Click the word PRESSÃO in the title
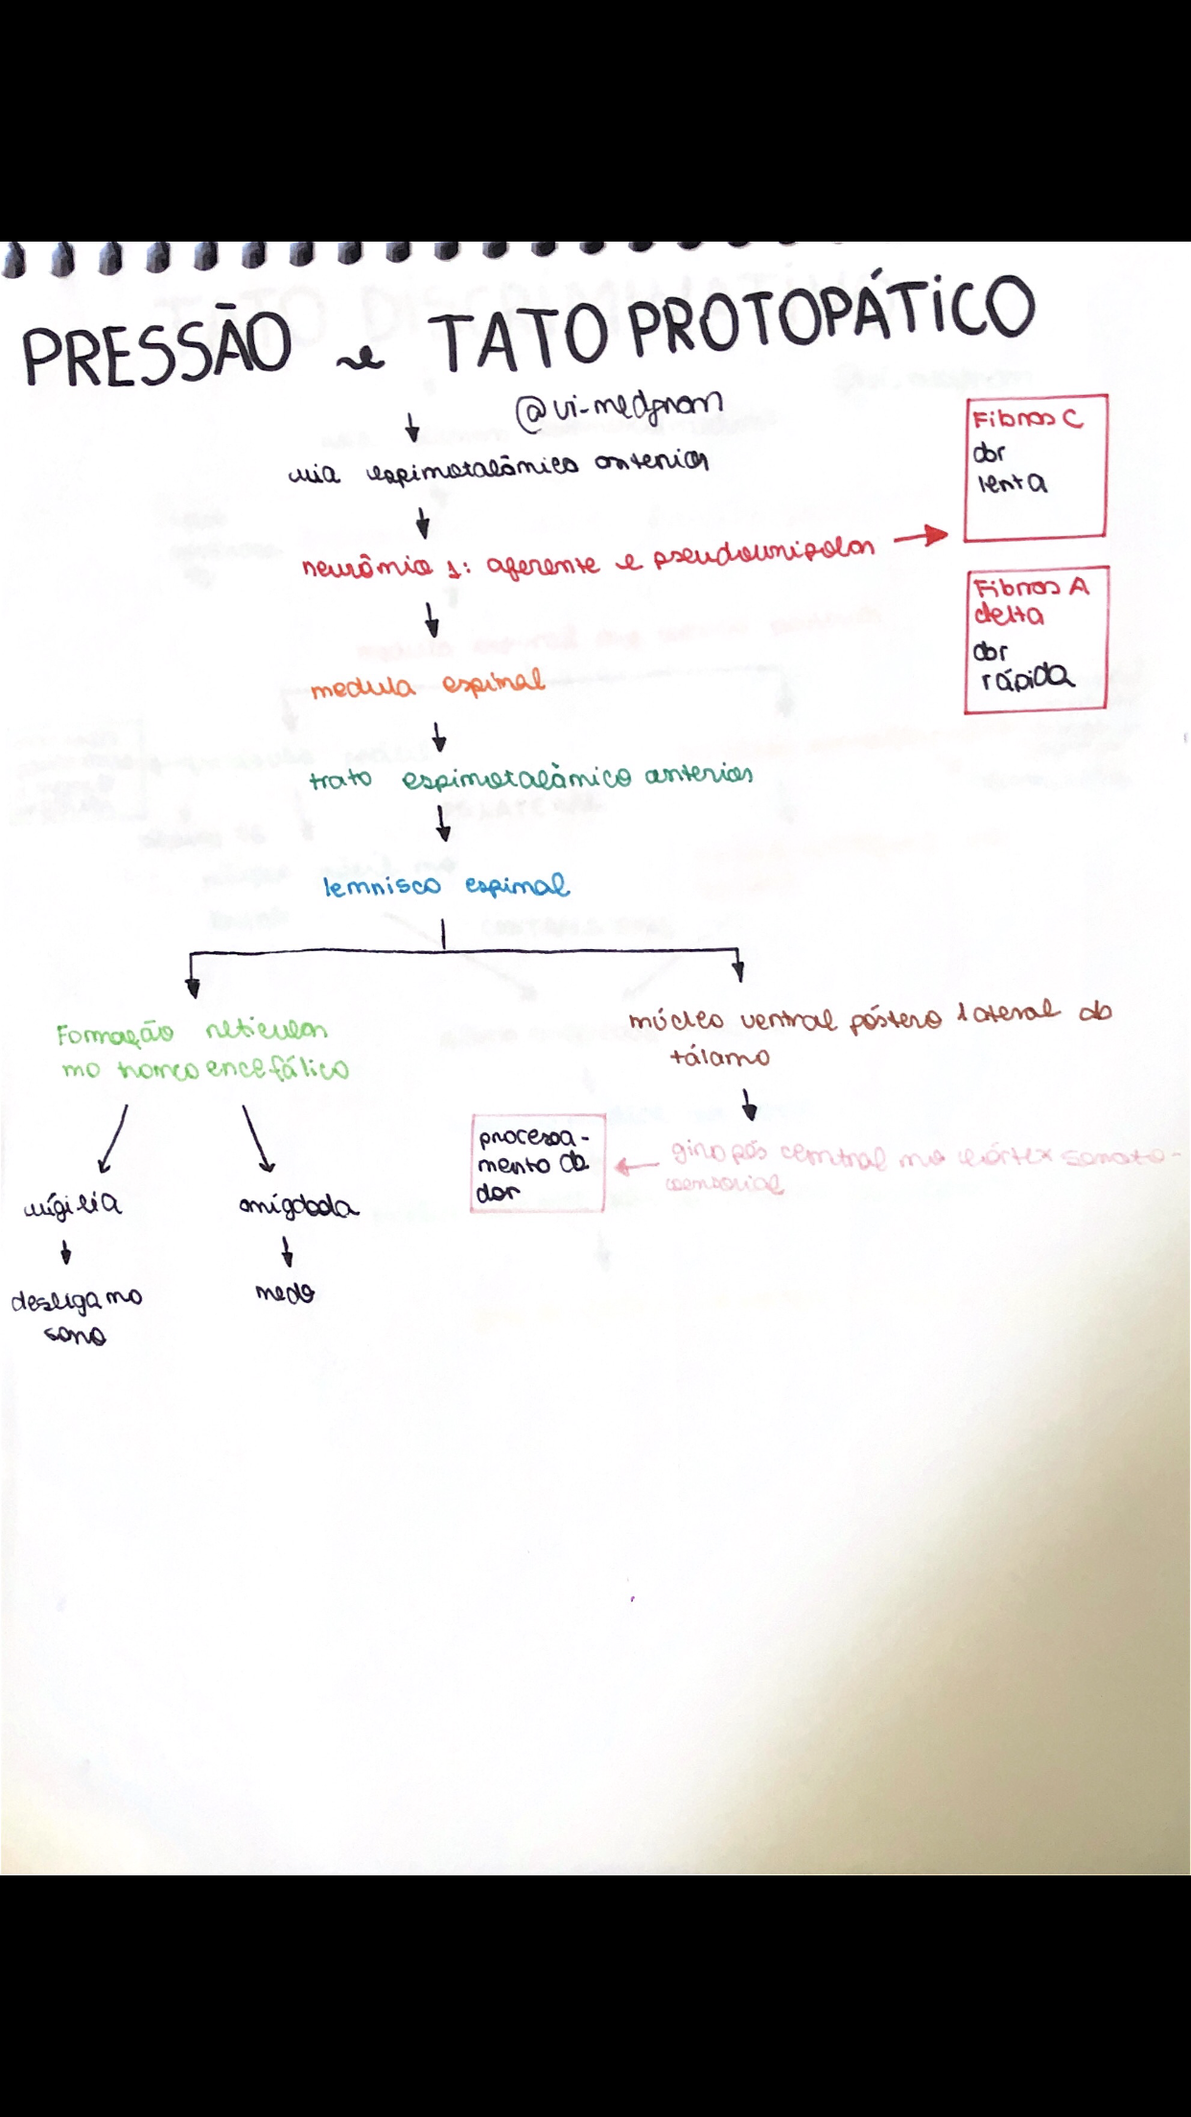(156, 349)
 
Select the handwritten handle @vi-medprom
(619, 409)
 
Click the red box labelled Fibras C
(1036, 467)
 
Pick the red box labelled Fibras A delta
(1035, 639)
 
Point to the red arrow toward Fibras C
(920, 537)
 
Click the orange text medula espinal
(428, 685)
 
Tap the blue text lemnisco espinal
(446, 886)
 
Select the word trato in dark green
(340, 779)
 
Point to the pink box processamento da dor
(537, 1163)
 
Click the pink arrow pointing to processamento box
(637, 1167)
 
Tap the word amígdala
(298, 1206)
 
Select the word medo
(285, 1293)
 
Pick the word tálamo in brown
(719, 1058)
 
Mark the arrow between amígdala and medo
(286, 1251)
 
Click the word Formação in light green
(114, 1035)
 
